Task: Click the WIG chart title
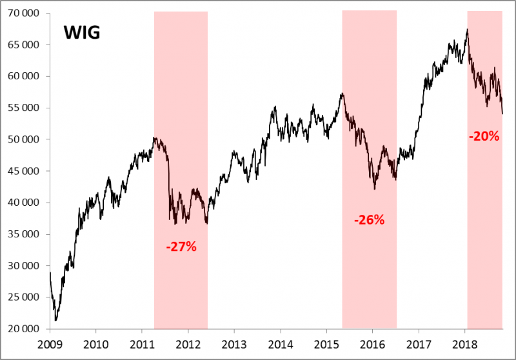81,33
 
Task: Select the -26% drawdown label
369,219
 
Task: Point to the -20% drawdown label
484,136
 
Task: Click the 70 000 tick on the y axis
23,13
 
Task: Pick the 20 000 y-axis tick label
23,329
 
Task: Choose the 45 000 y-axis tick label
23,171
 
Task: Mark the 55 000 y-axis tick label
23,108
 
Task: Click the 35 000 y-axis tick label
23,234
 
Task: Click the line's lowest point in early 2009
56,320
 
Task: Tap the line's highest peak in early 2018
467,30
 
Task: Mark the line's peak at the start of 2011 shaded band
155,137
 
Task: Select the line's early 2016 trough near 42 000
375,189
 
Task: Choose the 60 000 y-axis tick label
23,76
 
